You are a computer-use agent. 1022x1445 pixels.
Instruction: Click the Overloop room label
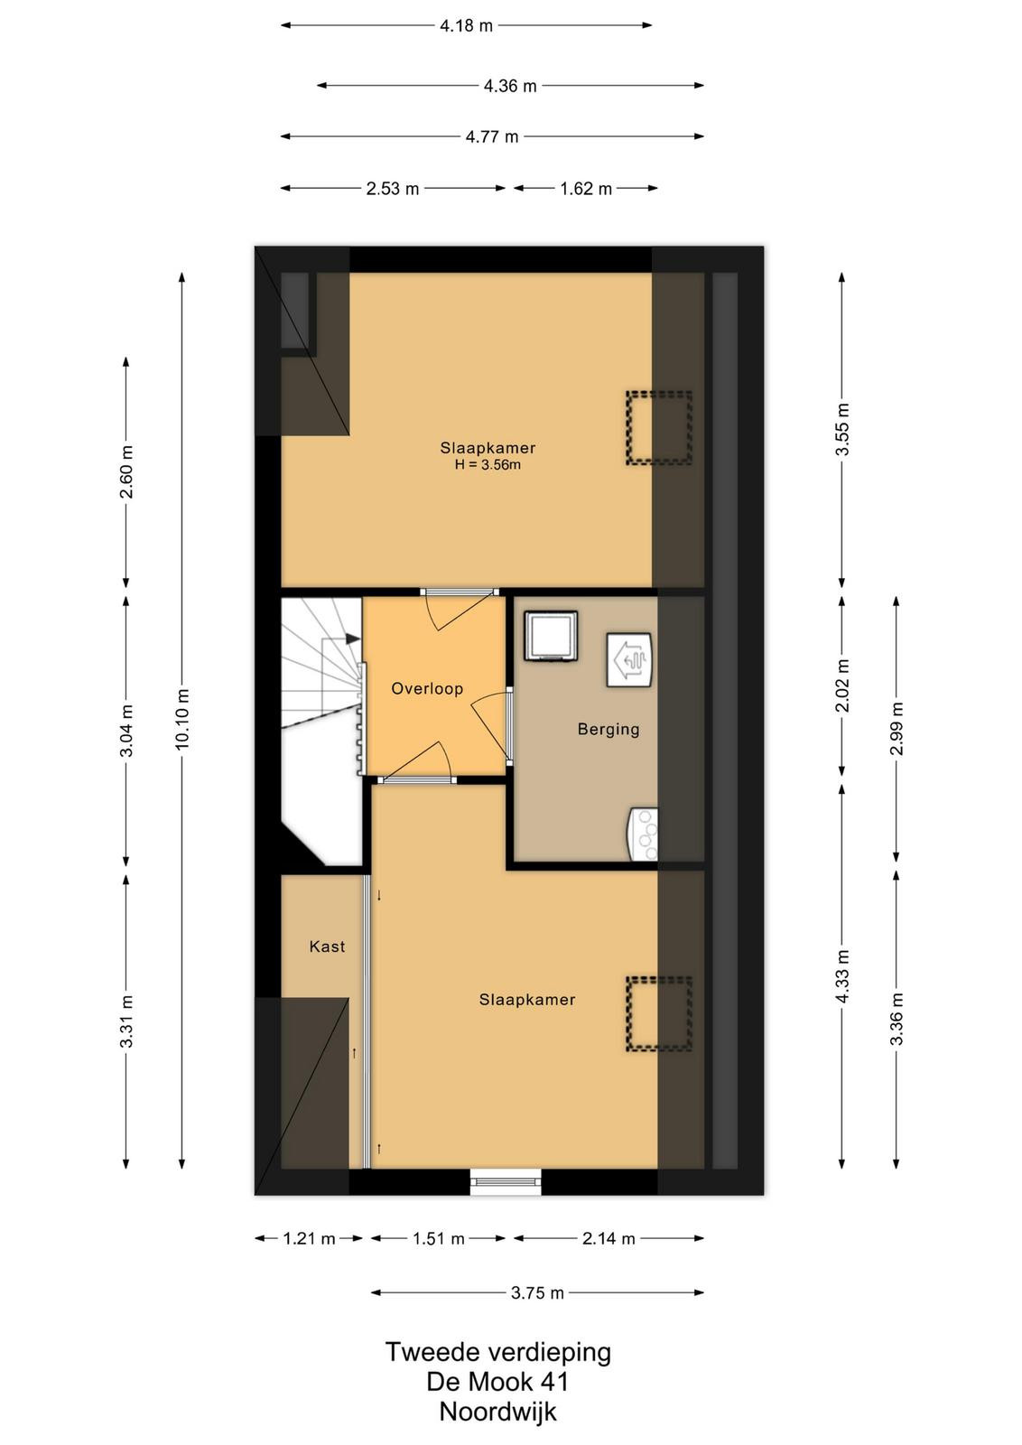coord(427,689)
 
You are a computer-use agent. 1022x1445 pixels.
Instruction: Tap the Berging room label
coord(608,730)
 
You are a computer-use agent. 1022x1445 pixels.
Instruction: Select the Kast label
coord(327,946)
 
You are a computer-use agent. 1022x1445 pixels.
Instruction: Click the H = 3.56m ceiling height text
coord(488,464)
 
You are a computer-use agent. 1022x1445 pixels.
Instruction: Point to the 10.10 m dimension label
coord(182,719)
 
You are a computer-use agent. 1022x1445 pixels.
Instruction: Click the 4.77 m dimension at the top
coord(492,136)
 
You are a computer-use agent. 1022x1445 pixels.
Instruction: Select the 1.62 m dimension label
coord(585,189)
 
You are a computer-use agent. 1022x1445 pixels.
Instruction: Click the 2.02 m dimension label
coord(842,685)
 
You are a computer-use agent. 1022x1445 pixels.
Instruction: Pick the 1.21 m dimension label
coord(309,1238)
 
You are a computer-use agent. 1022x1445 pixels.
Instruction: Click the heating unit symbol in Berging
coord(628,660)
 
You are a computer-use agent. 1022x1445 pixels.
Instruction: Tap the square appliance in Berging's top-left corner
coord(550,636)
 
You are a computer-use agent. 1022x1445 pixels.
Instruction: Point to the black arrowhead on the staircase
coord(352,639)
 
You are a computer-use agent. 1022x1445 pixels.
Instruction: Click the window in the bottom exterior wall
coord(506,1182)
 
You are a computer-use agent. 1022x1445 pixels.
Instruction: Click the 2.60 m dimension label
coord(127,471)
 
